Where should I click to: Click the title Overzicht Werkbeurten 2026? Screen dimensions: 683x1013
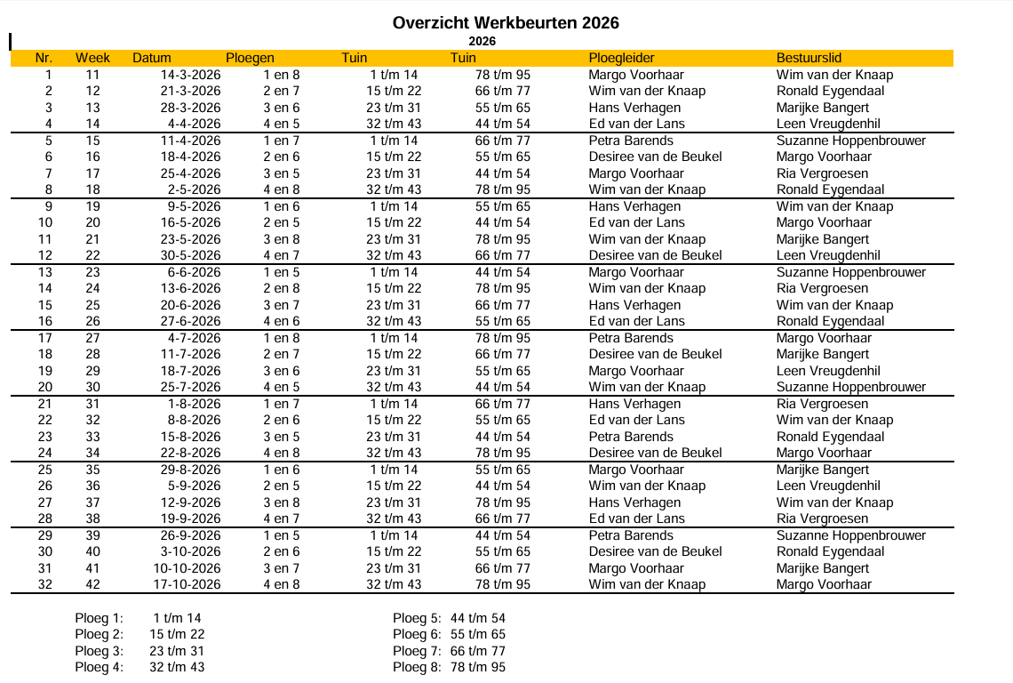(506, 23)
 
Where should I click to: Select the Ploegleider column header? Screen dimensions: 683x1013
(621, 58)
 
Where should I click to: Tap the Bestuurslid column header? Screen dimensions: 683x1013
(809, 58)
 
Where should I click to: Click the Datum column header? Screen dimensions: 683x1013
(152, 58)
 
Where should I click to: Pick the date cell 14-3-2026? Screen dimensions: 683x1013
(190, 75)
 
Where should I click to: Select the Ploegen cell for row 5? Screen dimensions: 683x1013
(282, 141)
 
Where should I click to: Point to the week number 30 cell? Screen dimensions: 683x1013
(92, 387)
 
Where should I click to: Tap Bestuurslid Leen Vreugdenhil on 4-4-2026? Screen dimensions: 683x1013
(828, 124)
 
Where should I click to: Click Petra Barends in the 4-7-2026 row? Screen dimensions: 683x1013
(631, 338)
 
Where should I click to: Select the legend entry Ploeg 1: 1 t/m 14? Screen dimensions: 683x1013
(140, 618)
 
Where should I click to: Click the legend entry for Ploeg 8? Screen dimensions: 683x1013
(449, 667)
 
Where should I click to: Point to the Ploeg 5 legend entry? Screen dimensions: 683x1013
(449, 618)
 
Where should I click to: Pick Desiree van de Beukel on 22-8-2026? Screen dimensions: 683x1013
(655, 453)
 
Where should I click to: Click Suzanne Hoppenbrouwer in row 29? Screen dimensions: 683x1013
(850, 535)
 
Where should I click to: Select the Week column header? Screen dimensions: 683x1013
(92, 58)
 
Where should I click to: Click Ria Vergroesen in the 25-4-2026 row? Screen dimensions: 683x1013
(822, 173)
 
